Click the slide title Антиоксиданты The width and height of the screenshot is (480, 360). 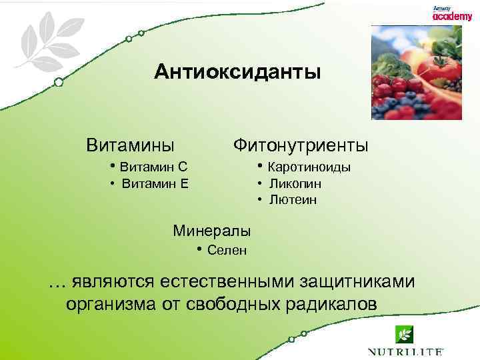click(237, 71)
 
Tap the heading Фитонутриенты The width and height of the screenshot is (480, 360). click(300, 145)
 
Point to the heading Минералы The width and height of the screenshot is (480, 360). click(212, 231)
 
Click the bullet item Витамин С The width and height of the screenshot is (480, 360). click(153, 167)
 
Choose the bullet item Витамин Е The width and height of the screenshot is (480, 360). click(155, 183)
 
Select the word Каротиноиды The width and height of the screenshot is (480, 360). click(310, 167)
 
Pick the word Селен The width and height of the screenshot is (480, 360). click(227, 251)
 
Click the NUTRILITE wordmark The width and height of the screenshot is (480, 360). click(405, 351)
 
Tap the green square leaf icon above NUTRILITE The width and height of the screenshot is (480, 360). click(404, 333)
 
